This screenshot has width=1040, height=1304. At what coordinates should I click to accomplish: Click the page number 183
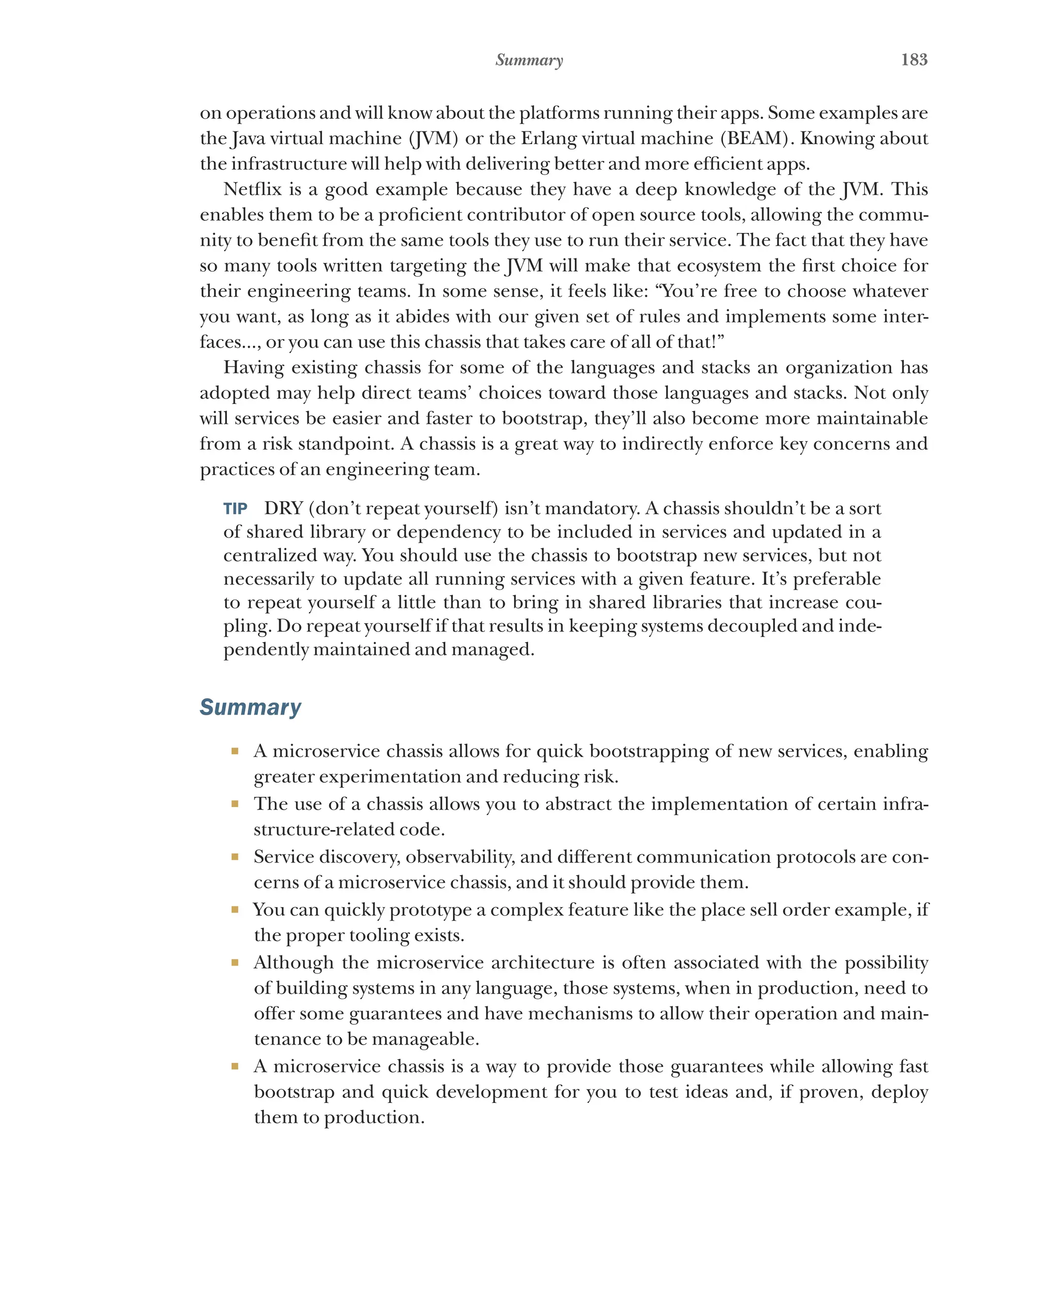pos(914,59)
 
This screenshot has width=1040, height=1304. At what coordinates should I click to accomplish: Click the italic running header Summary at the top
pos(529,60)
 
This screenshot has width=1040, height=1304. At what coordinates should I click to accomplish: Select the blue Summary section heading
pos(250,707)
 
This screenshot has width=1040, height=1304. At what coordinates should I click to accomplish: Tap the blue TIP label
pos(235,509)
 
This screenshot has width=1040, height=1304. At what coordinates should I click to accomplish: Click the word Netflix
pos(252,189)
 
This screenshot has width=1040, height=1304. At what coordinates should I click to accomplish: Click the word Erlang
pos(548,139)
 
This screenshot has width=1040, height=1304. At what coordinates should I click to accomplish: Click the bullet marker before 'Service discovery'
pos(235,857)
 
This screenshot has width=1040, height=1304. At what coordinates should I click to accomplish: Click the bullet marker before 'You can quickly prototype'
pos(235,910)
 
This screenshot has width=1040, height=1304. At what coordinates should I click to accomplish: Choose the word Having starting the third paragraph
pos(253,367)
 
